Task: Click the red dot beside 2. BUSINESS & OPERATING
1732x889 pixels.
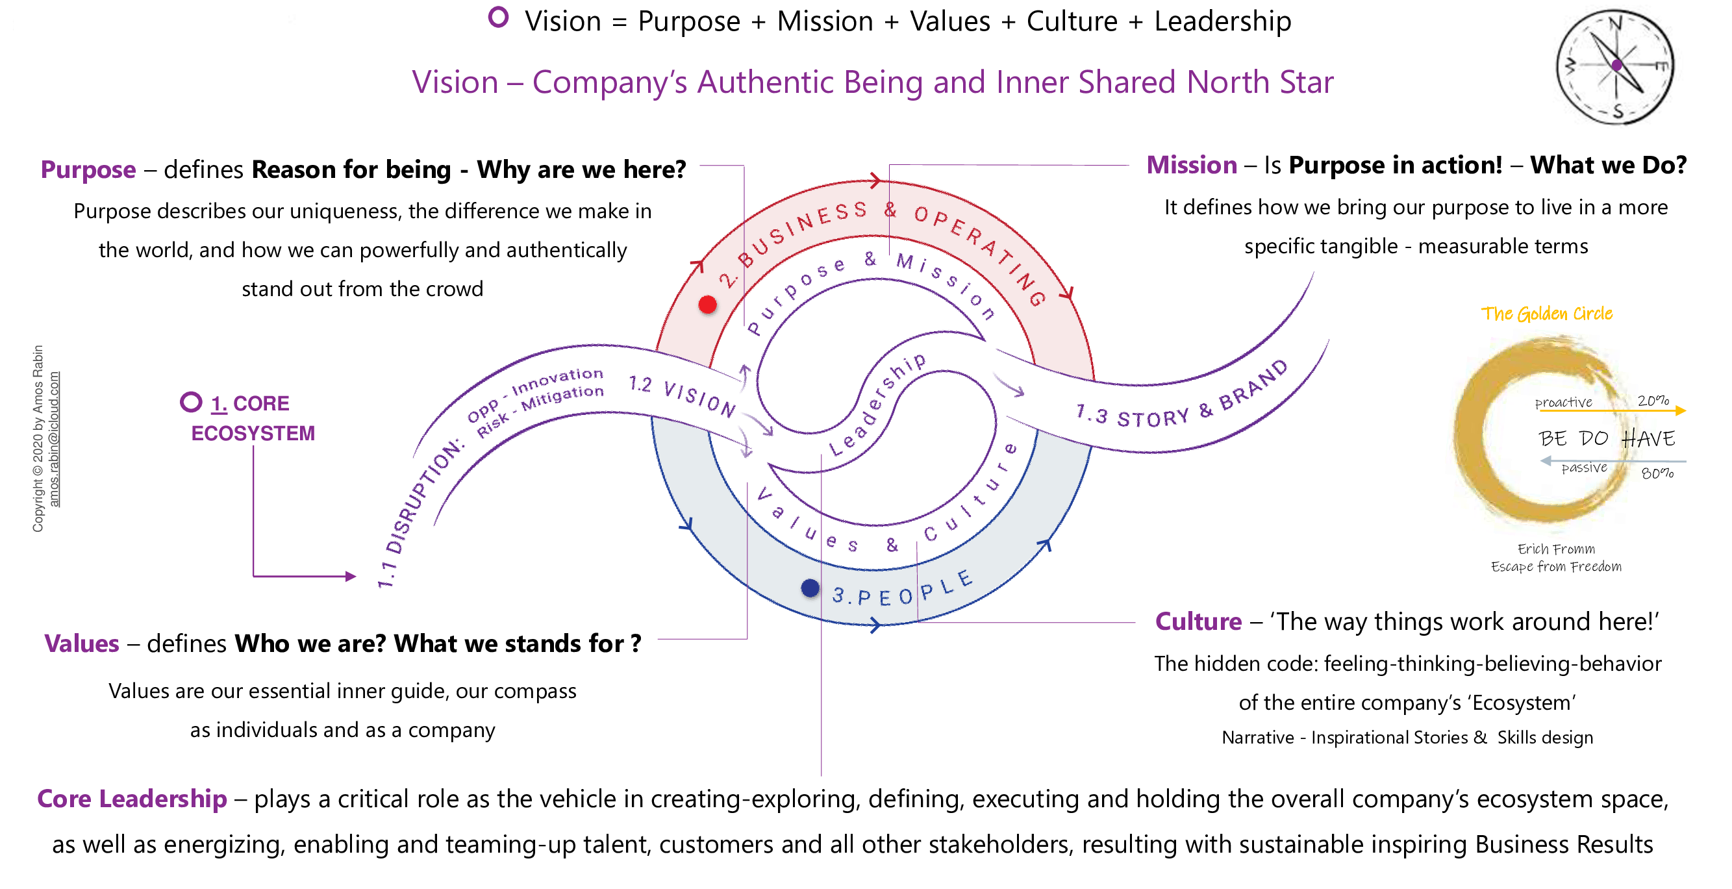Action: click(x=707, y=305)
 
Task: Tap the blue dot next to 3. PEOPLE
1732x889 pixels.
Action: click(x=810, y=588)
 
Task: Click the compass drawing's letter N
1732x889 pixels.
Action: click(x=1615, y=23)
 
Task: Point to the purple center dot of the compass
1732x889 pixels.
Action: click(x=1617, y=65)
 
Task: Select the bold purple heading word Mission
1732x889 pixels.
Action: click(x=1192, y=165)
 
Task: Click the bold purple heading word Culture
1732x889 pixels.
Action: click(x=1198, y=621)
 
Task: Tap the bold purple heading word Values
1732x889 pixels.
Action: click(x=81, y=644)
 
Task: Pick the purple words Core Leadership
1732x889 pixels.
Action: click(x=132, y=799)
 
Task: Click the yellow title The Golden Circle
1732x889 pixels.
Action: click(x=1546, y=314)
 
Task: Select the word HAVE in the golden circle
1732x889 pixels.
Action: click(x=1648, y=438)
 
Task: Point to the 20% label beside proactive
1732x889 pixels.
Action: click(x=1653, y=401)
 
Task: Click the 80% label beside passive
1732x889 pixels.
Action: click(x=1657, y=473)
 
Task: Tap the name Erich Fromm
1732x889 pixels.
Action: click(x=1556, y=549)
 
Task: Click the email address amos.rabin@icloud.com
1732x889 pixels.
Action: click(x=55, y=438)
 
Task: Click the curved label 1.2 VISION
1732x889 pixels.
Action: click(x=683, y=395)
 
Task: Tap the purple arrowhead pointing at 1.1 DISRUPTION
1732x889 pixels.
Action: click(x=350, y=576)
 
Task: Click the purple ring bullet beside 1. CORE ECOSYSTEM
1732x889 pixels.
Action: click(x=191, y=402)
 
